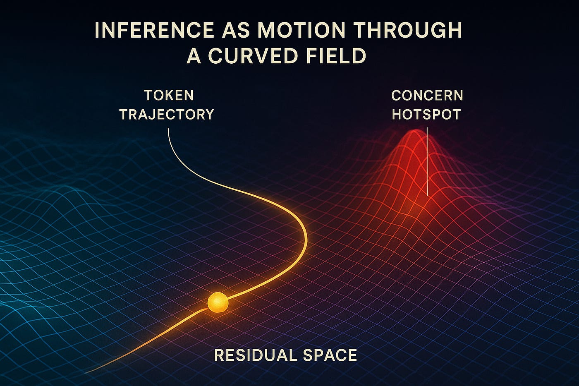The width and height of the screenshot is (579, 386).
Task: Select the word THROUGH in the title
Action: (x=407, y=31)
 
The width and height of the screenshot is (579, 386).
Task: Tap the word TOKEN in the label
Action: (x=169, y=96)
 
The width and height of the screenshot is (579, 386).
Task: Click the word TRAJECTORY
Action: (x=167, y=115)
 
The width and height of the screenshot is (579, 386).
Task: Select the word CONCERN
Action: (x=427, y=96)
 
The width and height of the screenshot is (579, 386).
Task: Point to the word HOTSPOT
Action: (x=426, y=115)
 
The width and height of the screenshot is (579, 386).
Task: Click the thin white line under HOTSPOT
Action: (x=427, y=165)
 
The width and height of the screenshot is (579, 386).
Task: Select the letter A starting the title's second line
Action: (x=194, y=55)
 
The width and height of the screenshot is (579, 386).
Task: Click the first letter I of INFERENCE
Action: (x=97, y=31)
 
